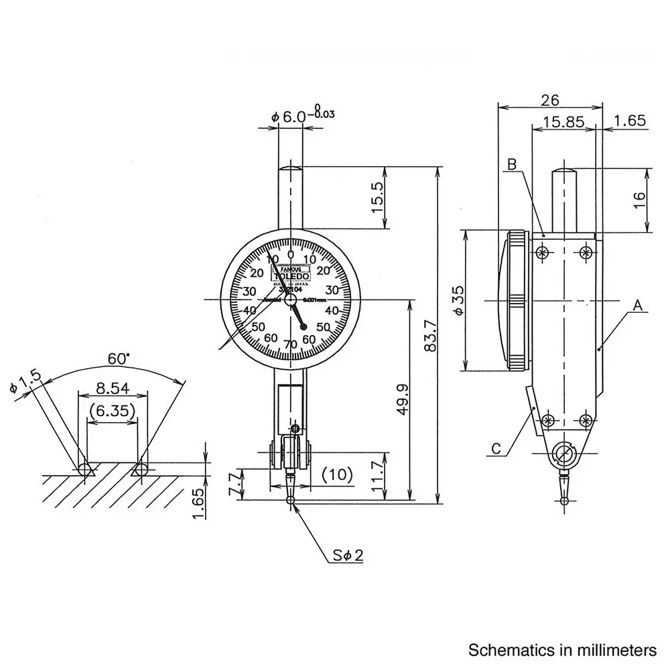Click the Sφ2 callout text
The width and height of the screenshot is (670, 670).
[x=348, y=555]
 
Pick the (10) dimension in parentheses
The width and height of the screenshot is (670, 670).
[x=338, y=475]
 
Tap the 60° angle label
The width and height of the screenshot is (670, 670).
[x=119, y=358]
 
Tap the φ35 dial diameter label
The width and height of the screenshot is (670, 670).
[x=458, y=300]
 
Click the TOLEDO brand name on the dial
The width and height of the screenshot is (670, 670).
[x=291, y=275]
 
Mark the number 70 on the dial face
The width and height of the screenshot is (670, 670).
[x=290, y=344]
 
